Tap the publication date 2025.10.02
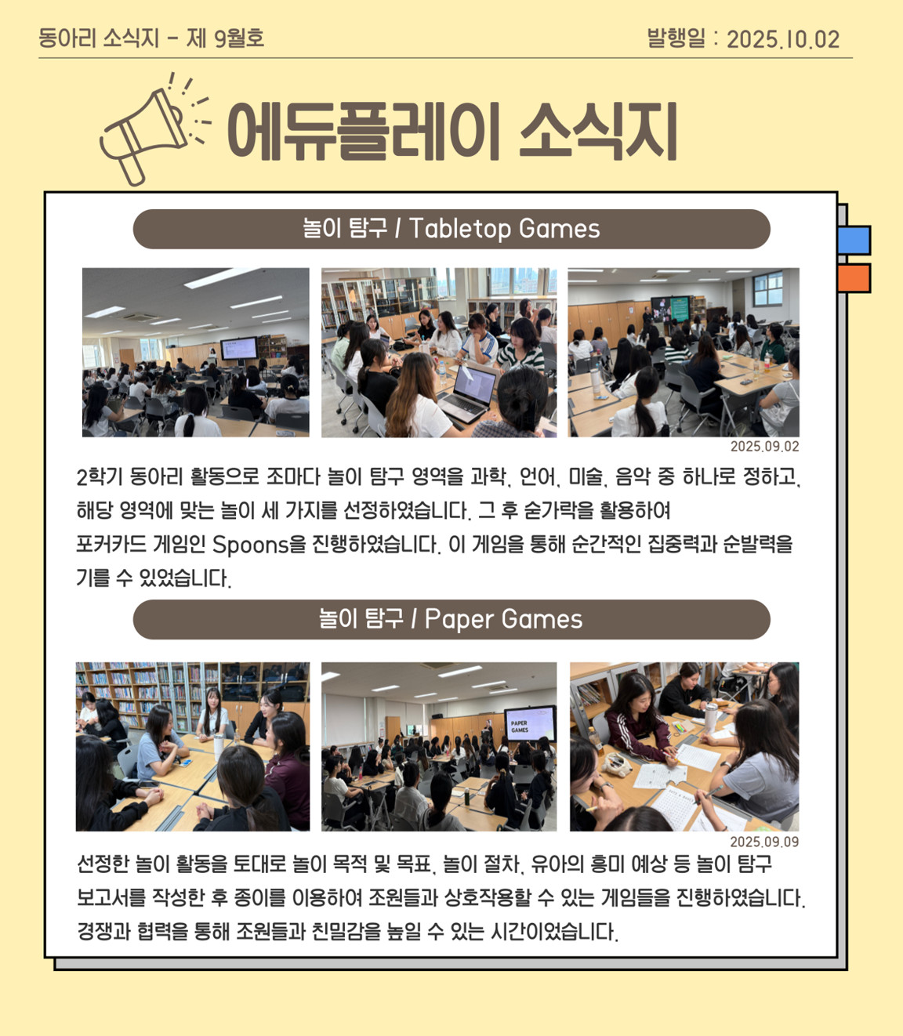pos(783,39)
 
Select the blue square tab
pos(854,240)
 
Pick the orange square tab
pos(854,278)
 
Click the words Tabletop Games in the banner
pos(505,228)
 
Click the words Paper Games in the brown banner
pos(503,619)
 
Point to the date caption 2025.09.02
pos(765,447)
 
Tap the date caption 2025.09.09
pos(765,842)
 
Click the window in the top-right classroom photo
pos(767,288)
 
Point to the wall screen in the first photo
pos(239,349)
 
